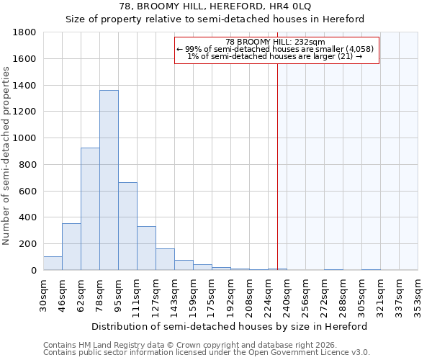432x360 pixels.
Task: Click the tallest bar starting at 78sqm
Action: coord(109,180)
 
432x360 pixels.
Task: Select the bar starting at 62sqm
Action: coord(90,209)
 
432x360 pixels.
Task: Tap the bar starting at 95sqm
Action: coord(127,226)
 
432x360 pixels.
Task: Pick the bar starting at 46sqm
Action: coord(71,246)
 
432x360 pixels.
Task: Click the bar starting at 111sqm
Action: coord(146,248)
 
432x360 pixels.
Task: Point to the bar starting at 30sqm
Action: coord(53,264)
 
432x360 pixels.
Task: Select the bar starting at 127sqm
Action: coord(165,259)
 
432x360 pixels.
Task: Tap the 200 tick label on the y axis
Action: coord(28,244)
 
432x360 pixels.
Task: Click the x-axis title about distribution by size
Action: coord(230,326)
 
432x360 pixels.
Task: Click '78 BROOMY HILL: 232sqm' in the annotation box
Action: coord(276,42)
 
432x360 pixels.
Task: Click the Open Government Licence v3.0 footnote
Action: coord(207,353)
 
